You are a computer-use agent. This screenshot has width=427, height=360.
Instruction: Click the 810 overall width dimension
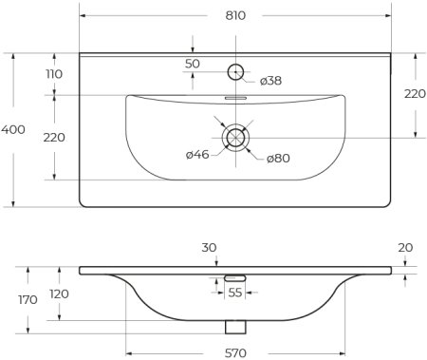235,16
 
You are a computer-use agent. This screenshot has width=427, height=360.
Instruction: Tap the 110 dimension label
54,74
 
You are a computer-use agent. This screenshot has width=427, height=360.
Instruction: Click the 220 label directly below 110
54,137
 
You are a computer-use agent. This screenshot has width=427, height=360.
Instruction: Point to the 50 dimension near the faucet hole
193,63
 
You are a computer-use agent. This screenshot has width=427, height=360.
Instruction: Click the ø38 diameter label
270,80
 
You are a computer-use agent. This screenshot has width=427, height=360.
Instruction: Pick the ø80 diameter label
277,157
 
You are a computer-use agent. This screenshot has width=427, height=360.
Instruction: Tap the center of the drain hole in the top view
234,138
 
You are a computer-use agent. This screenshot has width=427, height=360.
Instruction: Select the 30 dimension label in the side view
209,248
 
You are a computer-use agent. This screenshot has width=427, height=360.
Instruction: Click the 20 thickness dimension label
406,248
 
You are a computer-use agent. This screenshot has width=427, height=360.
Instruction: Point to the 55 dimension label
234,293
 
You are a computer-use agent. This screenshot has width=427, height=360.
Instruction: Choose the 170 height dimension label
27,299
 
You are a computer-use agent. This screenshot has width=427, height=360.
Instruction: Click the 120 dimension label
59,294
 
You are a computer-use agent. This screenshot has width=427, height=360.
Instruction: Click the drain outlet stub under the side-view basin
234,326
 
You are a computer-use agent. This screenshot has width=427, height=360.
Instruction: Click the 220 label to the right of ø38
414,94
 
